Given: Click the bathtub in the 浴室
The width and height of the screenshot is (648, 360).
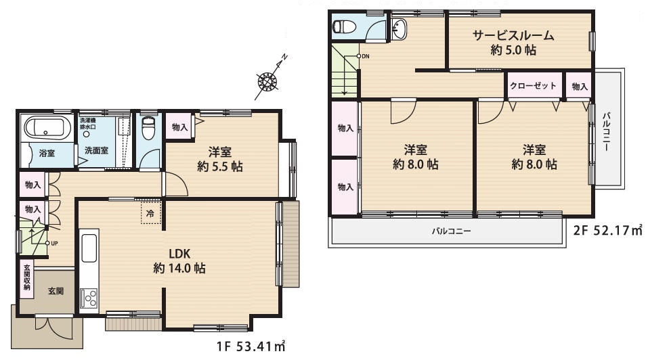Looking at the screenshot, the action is pos(45,128).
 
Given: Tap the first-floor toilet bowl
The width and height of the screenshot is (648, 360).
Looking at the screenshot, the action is pos(148,128).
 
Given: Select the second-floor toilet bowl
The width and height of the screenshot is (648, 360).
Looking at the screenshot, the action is pos(345,26).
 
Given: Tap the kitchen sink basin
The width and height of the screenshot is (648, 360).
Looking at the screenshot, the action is pos(89,248).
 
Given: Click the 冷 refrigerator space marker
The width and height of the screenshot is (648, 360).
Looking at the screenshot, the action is pos(151,212).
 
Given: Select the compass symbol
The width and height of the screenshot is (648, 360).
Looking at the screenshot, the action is pos(267,81).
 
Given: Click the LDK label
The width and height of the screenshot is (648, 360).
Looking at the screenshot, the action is pos(179,253).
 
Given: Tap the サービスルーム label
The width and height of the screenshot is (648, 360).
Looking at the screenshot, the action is pos(514,35).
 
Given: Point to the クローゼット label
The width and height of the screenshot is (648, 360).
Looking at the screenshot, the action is pos(533,86).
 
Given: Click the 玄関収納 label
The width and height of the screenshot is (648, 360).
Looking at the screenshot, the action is pos(27,277).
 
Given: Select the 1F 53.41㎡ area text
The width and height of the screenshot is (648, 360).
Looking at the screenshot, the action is pos(251,346).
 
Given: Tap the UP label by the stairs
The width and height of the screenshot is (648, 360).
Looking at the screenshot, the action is pos(54,244).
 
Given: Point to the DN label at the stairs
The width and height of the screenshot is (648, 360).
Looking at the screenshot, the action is pos(366,56).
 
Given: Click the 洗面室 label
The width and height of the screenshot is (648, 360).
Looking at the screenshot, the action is pos(96,151).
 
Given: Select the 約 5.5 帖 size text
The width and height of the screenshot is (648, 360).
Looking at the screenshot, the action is pos(220,166).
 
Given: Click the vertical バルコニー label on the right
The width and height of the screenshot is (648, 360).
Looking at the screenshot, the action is pos(605,131).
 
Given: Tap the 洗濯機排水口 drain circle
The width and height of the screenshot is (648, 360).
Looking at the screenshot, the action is pos(87,134).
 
